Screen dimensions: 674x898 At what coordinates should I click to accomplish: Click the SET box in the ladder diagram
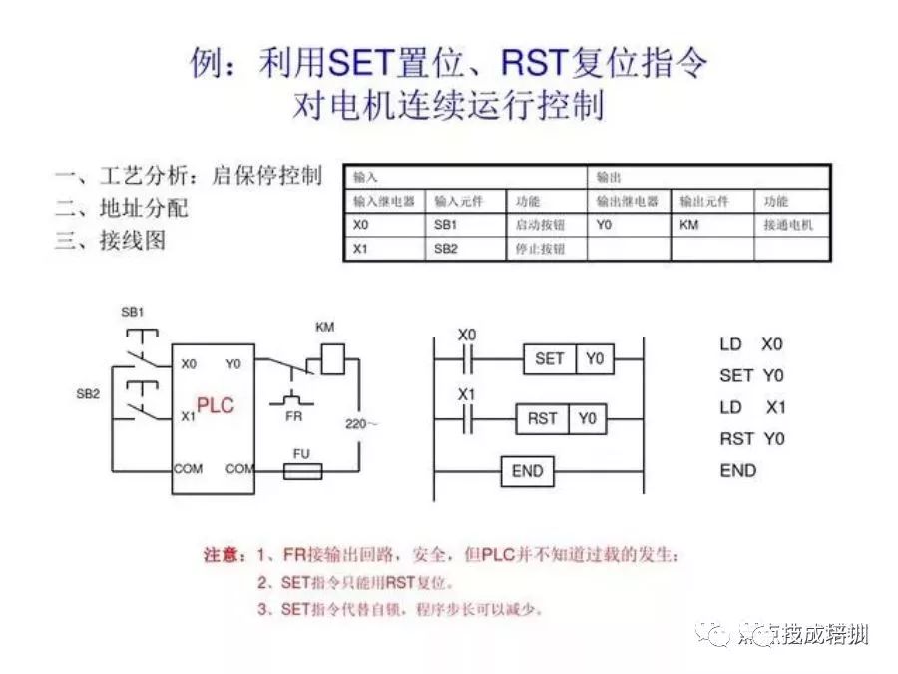point(550,358)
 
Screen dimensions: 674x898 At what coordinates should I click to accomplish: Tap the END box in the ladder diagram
point(526,471)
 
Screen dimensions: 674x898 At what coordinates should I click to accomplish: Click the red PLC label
point(215,407)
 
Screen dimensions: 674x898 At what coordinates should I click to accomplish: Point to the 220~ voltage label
point(361,424)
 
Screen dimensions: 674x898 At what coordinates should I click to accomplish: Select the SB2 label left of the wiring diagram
point(88,394)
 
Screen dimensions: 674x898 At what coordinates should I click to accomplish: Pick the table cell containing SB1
point(466,225)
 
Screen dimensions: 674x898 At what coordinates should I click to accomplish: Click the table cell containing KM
point(711,225)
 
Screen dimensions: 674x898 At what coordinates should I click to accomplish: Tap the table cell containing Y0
point(628,225)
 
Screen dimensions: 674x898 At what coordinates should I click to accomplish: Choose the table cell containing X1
point(384,249)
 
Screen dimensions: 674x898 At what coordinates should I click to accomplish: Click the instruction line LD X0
point(751,344)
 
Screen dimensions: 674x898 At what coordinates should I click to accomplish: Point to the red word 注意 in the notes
point(224,555)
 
